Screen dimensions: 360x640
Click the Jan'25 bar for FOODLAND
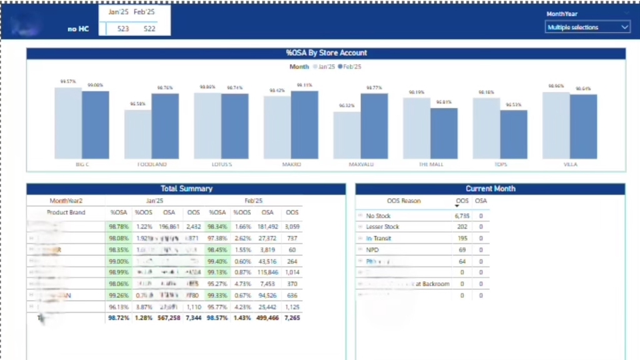[137, 134]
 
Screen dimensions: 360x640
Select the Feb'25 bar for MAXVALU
[375, 126]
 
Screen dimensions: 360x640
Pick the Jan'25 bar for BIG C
[68, 123]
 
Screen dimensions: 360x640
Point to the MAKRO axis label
[291, 164]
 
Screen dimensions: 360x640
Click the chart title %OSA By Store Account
[326, 53]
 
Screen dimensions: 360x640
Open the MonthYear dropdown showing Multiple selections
[587, 27]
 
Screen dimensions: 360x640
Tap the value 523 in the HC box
[123, 29]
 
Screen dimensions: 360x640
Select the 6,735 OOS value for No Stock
[462, 216]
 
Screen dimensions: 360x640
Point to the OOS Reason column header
[404, 201]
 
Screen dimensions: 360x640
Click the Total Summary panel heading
[186, 189]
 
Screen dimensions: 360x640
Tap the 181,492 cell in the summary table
[267, 227]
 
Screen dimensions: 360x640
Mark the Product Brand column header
[66, 212]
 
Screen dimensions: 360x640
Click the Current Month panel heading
[490, 189]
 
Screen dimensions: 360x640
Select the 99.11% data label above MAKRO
[304, 85]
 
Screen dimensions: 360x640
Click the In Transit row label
[378, 239]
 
